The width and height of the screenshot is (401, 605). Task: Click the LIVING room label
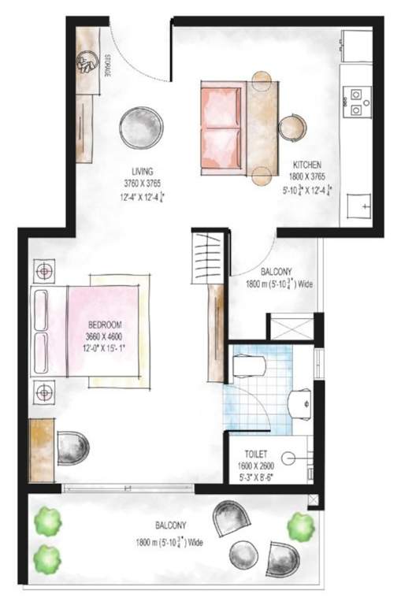click(142, 170)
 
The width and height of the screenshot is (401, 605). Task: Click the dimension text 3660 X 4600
click(103, 334)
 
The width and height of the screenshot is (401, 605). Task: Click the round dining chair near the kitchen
click(291, 126)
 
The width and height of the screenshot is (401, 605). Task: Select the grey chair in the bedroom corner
click(72, 447)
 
